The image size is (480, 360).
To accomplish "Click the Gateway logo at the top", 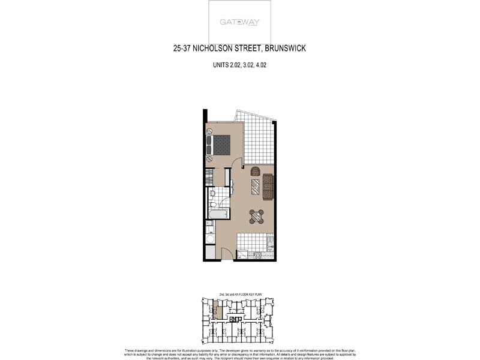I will pos(239,22).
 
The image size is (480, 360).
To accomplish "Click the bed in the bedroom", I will pos(220,145).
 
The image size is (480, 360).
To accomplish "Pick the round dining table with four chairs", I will pos(256,216).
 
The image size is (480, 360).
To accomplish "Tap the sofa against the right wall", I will pos(268,187).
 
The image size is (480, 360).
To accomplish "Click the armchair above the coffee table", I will pos(256,171).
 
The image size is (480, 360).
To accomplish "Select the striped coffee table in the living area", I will pos(256,187).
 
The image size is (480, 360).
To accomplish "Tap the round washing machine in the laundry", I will pos(210,238).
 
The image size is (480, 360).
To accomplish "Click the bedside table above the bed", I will pos(209,131).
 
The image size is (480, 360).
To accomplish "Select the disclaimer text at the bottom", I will pos(240,354).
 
